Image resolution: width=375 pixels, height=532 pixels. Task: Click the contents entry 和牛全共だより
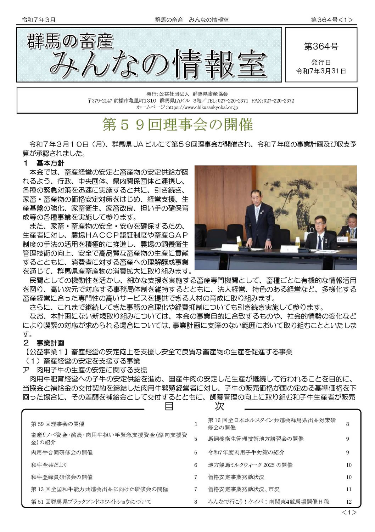(x=49, y=465)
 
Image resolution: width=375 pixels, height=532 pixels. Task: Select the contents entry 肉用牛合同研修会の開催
(x=62, y=452)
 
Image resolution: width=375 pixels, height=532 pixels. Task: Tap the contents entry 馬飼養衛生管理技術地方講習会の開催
(x=256, y=439)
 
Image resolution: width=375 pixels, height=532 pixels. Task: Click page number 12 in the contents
(x=349, y=502)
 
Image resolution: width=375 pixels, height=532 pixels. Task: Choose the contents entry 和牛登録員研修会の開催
(x=62, y=477)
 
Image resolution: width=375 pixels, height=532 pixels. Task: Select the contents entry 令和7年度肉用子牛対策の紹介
(x=246, y=452)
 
